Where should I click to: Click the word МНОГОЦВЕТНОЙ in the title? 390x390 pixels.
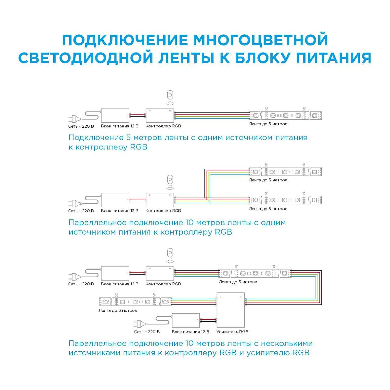260,40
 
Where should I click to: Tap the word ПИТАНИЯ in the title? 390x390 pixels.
333,58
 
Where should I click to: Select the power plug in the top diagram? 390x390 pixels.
75,119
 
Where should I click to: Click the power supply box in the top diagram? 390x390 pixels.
115,116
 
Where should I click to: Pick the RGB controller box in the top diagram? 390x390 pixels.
160,116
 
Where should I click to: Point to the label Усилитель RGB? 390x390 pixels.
232,331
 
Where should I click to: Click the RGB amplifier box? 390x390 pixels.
231,310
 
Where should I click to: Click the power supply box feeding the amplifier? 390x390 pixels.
186,320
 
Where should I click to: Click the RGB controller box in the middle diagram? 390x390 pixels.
160,200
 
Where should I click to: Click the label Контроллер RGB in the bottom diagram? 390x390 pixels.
163,284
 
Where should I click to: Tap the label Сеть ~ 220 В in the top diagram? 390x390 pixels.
81,126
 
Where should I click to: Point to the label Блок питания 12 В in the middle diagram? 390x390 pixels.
120,211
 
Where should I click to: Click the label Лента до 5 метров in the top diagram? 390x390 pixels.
268,124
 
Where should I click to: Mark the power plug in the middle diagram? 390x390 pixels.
75,203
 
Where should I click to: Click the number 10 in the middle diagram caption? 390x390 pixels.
189,223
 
